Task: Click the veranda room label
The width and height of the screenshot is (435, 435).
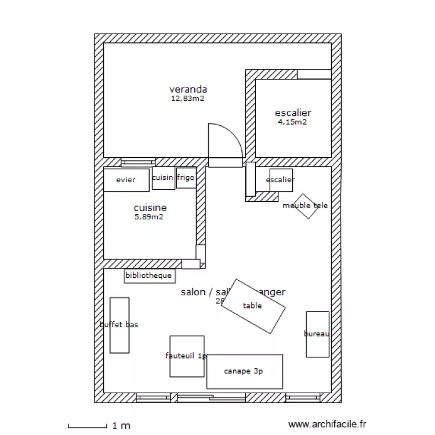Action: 188,89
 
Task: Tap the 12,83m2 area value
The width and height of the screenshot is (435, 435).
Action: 187,99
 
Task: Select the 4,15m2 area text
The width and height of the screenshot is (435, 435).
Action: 292,122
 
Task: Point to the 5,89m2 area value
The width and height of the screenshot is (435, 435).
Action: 149,217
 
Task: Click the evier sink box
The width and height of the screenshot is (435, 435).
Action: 126,180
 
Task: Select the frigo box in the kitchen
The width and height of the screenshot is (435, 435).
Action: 186,178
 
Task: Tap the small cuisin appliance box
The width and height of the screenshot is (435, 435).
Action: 162,178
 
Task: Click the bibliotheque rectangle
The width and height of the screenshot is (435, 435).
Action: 149,275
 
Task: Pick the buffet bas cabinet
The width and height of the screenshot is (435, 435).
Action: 119,325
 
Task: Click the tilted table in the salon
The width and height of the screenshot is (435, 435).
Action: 253,306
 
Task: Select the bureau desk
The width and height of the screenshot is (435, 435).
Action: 317,334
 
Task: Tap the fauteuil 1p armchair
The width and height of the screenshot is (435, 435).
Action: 186,356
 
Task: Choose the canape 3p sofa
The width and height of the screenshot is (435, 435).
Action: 244,371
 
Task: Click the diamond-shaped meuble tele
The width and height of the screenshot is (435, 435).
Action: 305,206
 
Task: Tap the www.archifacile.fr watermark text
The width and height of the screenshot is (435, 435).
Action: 327,425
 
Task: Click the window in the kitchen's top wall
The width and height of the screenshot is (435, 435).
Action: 138,162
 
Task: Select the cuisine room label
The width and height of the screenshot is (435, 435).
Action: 150,208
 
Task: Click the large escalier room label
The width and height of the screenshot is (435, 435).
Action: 293,113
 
